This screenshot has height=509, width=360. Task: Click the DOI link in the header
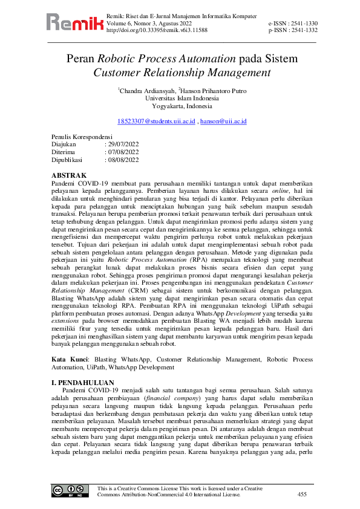tap(157, 29)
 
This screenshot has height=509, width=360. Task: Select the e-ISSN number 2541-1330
tap(301, 23)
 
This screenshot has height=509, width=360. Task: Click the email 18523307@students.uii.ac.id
tap(156, 122)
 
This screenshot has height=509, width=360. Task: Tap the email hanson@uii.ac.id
tap(223, 122)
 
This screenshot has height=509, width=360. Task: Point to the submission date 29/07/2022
tap(123, 144)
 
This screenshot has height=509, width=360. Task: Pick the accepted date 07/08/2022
tap(123, 152)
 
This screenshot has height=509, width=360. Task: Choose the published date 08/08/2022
tap(123, 160)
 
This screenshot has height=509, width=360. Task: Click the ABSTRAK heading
tap(68, 175)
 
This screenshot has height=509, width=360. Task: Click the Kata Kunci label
tap(68, 359)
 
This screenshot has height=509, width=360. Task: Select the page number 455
tap(302, 494)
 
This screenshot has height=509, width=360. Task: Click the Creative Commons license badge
tap(67, 491)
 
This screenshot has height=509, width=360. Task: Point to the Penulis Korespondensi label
tap(82, 137)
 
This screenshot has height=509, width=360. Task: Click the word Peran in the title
tap(81, 59)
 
